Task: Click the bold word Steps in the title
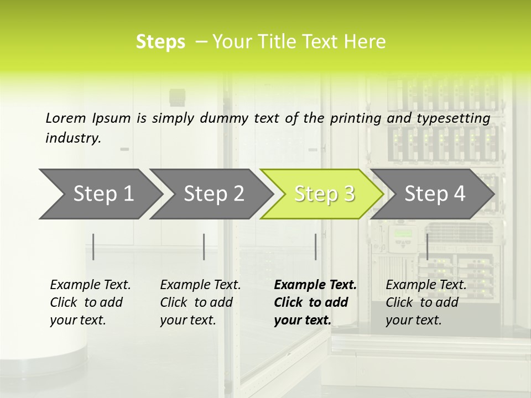(x=160, y=42)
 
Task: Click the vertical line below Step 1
(x=93, y=247)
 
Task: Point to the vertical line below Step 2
(x=204, y=247)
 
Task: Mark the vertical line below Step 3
(x=315, y=247)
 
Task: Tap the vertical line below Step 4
(x=427, y=247)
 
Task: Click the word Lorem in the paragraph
(x=66, y=118)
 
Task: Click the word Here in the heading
(x=366, y=42)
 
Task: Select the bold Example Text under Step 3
(x=315, y=285)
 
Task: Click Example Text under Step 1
(x=90, y=285)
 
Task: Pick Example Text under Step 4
(x=426, y=285)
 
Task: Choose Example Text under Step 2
(x=200, y=285)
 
